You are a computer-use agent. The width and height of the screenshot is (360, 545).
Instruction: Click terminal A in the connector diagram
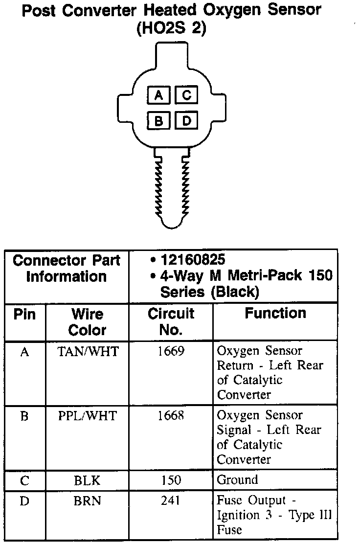pyautogui.click(x=158, y=94)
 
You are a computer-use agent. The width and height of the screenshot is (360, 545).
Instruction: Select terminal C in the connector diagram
pyautogui.click(x=186, y=94)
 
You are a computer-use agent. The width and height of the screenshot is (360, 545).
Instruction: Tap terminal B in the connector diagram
pyautogui.click(x=158, y=120)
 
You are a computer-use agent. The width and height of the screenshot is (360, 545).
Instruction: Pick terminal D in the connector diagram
pyautogui.click(x=186, y=120)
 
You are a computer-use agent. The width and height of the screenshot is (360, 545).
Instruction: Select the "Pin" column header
pyautogui.click(x=24, y=314)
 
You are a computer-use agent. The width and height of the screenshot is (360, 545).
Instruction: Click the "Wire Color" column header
pyautogui.click(x=88, y=322)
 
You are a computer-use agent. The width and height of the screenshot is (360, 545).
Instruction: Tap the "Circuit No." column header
pyautogui.click(x=171, y=321)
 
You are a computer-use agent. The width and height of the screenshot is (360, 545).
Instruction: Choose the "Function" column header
pyautogui.click(x=275, y=313)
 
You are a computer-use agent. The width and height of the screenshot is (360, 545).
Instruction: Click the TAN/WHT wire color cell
pyautogui.click(x=88, y=352)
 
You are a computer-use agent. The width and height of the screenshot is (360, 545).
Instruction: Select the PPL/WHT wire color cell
pyautogui.click(x=88, y=416)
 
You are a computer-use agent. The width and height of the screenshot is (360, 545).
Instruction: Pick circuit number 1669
pyautogui.click(x=171, y=352)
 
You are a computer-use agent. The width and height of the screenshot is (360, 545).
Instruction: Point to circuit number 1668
pyautogui.click(x=171, y=416)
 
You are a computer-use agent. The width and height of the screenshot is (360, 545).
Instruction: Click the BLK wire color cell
pyautogui.click(x=88, y=480)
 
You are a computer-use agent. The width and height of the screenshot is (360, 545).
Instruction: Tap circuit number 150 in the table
pyautogui.click(x=171, y=480)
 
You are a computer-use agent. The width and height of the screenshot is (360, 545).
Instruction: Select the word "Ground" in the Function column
pyautogui.click(x=237, y=480)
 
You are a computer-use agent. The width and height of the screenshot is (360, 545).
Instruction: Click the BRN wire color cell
pyautogui.click(x=88, y=501)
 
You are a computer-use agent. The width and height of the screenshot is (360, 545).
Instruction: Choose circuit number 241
pyautogui.click(x=171, y=501)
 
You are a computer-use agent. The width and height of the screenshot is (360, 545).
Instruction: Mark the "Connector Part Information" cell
pyautogui.click(x=67, y=268)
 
